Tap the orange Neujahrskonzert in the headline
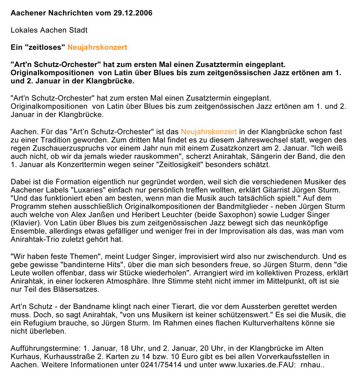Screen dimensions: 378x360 coord(97,47)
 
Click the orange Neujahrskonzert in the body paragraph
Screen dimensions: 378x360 coord(209,132)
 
